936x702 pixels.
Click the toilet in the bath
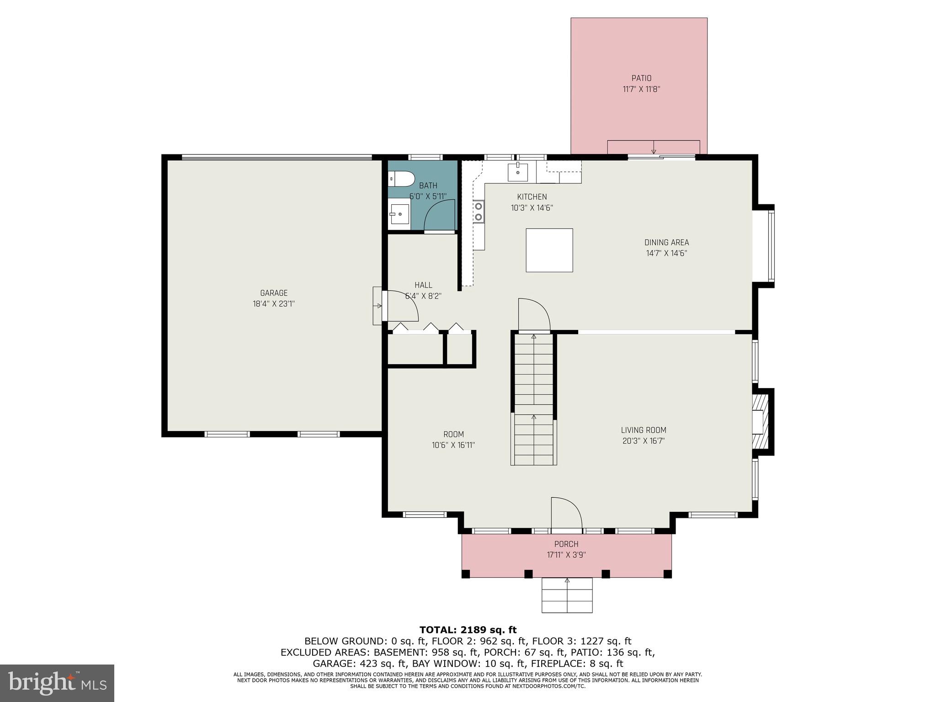(x=401, y=179)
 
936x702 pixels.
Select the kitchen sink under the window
(x=517, y=172)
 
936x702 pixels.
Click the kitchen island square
(x=549, y=250)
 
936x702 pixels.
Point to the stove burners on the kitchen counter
(x=479, y=212)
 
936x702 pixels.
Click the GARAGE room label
(x=274, y=293)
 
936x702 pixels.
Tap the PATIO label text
(x=641, y=78)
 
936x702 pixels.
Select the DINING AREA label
(x=666, y=243)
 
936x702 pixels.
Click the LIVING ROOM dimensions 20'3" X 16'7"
(x=643, y=441)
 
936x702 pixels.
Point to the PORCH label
(x=566, y=544)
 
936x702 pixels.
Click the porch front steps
(x=567, y=595)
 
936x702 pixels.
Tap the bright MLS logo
(x=57, y=683)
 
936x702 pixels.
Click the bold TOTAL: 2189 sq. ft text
(x=468, y=630)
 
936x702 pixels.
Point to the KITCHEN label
(x=532, y=197)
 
